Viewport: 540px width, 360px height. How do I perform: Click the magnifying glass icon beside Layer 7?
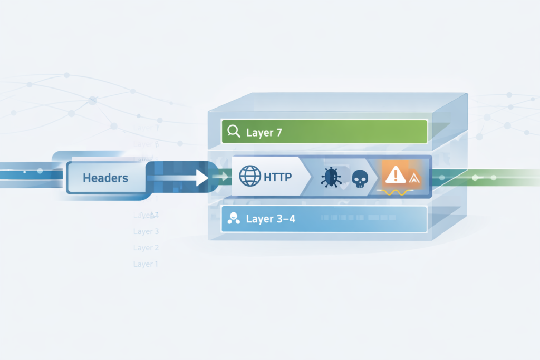(232, 132)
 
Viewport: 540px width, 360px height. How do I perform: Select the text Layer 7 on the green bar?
(260, 132)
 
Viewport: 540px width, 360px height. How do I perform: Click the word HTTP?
(277, 177)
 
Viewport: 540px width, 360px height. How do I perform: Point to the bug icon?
(331, 177)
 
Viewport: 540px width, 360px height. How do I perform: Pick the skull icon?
(359, 179)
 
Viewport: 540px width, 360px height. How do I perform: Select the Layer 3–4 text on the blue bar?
(271, 219)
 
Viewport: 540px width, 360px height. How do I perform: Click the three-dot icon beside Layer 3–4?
(232, 219)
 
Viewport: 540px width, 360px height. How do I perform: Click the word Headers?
(105, 178)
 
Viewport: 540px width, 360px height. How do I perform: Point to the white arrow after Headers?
(198, 178)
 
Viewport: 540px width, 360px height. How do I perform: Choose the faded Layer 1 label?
(146, 264)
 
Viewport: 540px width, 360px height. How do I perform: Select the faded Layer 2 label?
(146, 248)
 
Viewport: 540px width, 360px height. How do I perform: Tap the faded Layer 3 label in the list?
(146, 231)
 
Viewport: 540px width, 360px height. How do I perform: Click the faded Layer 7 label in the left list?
(146, 128)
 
